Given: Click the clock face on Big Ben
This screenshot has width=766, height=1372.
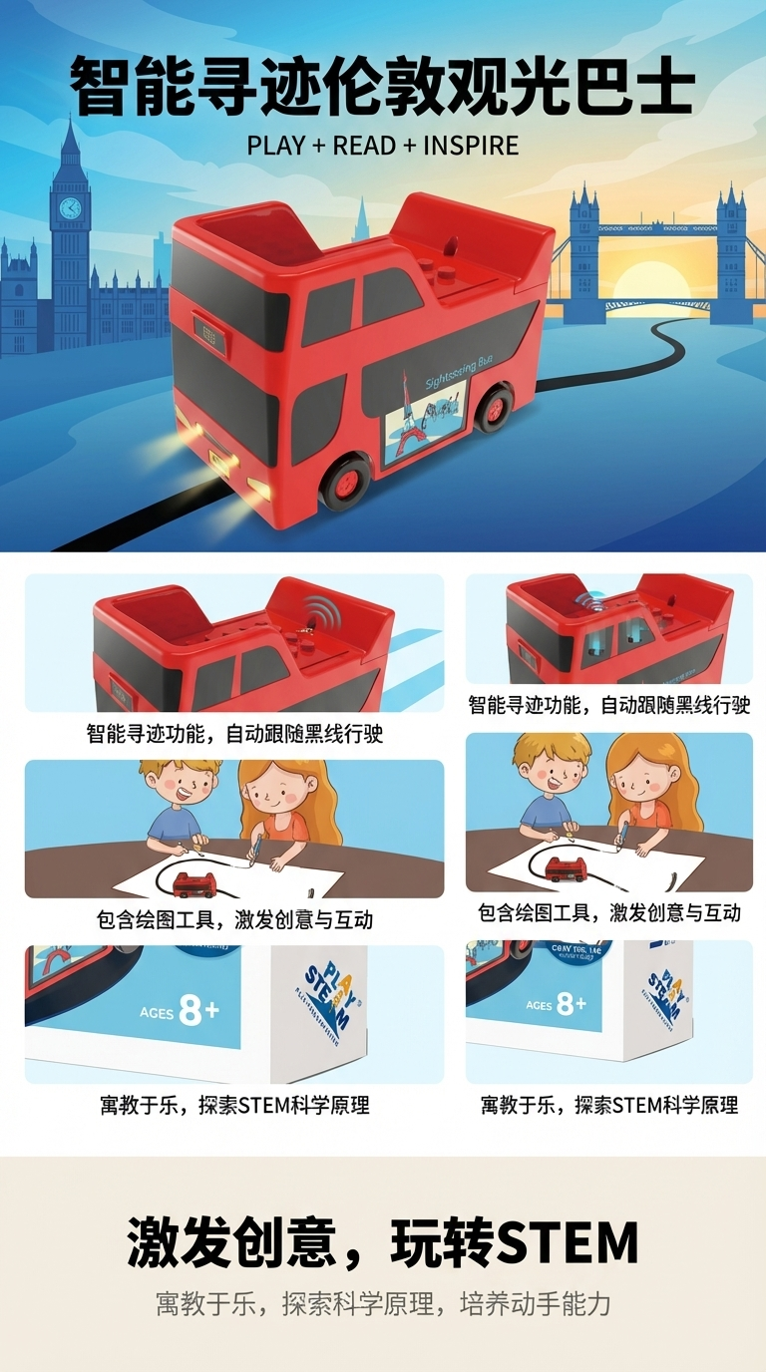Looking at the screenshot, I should [x=69, y=207].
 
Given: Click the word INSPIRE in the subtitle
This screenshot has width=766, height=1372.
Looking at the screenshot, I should [x=471, y=146].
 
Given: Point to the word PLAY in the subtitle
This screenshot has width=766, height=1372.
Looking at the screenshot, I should [x=275, y=146].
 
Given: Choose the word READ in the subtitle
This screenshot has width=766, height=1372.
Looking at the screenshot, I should [x=364, y=146].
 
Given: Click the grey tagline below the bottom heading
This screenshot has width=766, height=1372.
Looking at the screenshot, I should [x=383, y=1303].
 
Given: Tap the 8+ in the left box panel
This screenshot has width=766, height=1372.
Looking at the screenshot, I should [x=198, y=1011].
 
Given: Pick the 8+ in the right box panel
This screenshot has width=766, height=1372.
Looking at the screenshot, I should [x=571, y=1003].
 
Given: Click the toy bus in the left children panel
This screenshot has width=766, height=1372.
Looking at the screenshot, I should [x=195, y=883].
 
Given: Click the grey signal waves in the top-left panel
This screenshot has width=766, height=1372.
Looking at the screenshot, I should [x=320, y=610].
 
